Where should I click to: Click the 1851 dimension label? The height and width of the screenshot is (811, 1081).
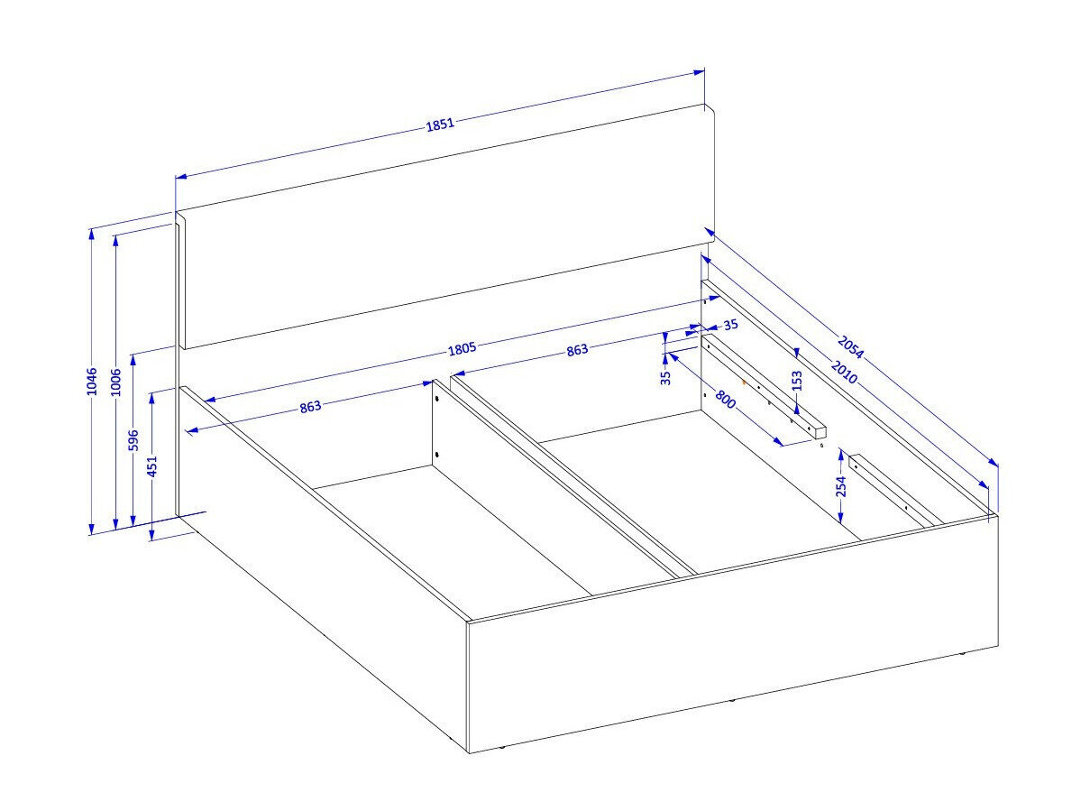point(441,124)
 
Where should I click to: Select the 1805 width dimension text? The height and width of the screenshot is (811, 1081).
point(462,349)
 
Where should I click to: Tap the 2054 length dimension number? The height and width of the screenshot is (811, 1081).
point(850,347)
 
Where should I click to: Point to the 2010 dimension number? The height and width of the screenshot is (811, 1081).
point(844,372)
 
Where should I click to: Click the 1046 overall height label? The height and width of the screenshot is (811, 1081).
point(92,382)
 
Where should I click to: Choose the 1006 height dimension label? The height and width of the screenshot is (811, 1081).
point(115,382)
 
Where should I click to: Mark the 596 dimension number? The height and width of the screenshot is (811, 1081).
point(133,440)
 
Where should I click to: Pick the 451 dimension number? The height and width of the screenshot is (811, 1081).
point(152,465)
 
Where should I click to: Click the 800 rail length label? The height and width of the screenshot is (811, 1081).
point(725,400)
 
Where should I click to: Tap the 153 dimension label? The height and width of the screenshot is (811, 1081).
point(797,381)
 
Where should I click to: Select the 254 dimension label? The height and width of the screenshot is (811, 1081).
point(840,487)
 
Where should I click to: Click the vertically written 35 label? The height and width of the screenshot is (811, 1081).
point(665,378)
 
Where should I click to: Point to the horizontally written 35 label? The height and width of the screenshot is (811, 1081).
point(731,325)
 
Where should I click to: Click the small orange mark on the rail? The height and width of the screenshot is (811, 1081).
point(743,380)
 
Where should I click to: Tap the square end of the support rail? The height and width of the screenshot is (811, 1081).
point(820,432)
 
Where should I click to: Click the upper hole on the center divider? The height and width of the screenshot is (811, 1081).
point(436,400)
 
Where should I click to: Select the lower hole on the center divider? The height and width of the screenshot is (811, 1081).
point(437,455)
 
